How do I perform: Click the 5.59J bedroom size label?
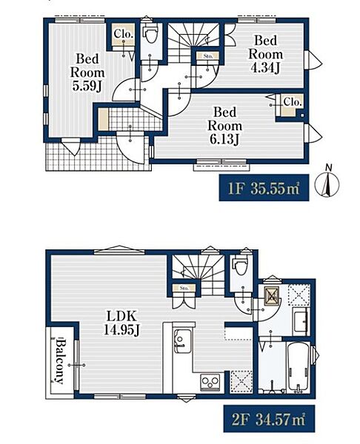87,73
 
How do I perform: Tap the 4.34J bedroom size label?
266,54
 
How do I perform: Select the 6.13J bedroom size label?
224,126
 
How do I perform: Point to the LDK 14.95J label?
121,323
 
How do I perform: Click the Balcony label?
60,360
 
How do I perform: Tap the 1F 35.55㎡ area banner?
264,187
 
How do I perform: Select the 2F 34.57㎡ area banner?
269,419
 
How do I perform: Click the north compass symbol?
327,184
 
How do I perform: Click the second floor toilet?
241,266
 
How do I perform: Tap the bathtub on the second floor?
299,366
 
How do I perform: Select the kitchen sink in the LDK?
182,341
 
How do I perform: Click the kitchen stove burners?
210,383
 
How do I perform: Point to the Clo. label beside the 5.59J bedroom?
124,34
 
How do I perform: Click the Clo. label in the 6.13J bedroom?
293,101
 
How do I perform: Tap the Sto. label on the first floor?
208,56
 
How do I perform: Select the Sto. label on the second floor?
184,289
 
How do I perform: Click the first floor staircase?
193,42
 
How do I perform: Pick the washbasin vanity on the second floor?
301,322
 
